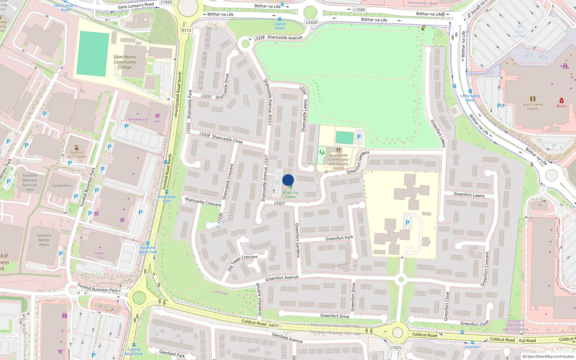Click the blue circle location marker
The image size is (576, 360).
[x=288, y=180]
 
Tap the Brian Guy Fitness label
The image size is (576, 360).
[x=291, y=195]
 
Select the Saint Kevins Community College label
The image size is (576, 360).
[x=125, y=62]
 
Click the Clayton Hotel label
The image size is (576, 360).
[x=280, y=26]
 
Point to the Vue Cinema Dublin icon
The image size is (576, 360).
[x=533, y=99]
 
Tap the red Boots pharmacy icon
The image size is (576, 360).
[x=561, y=100]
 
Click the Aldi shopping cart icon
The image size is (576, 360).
[x=158, y=116]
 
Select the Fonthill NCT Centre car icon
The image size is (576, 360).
[x=77, y=148]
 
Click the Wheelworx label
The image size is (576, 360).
[x=138, y=119]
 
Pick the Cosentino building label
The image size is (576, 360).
[x=62, y=185]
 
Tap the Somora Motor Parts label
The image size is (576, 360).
[x=44, y=240]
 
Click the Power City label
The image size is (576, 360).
[x=100, y=255]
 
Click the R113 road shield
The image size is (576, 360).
[x=186, y=30]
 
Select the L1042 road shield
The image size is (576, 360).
[x=166, y=2]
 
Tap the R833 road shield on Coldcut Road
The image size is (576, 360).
[x=274, y=325]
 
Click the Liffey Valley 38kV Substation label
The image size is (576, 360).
[x=515, y=327]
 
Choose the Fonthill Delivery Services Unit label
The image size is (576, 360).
[x=30, y=183]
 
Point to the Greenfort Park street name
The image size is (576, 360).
[x=339, y=238]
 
